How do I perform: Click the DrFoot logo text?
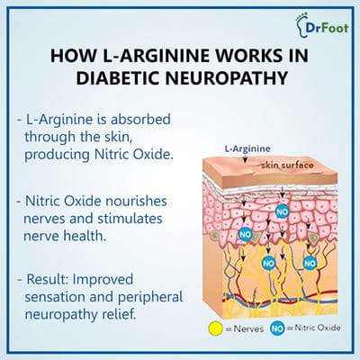pos(328,28)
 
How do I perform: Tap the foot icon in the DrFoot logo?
pos(300,25)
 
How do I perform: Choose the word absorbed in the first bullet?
pos(140,120)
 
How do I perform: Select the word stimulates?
pos(130,219)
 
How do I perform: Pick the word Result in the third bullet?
pos(48,279)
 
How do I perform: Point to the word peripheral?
pos(150,298)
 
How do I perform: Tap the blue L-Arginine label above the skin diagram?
pos(247,148)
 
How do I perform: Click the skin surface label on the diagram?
pos(287,165)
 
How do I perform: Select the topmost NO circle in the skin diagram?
pos(282,211)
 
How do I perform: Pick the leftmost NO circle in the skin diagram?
pos(245,234)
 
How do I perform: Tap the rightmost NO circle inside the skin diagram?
pos(310,264)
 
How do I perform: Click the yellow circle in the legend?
pos(216,328)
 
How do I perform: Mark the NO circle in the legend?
pos(277,328)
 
